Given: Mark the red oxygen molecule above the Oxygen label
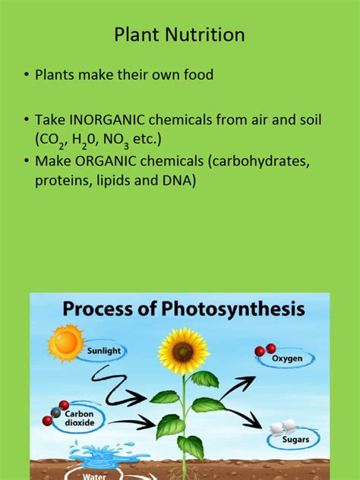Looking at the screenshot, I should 264,349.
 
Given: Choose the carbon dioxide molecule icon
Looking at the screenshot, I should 58,409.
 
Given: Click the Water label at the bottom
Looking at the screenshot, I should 96,476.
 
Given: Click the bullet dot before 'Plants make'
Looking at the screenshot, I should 26,74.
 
